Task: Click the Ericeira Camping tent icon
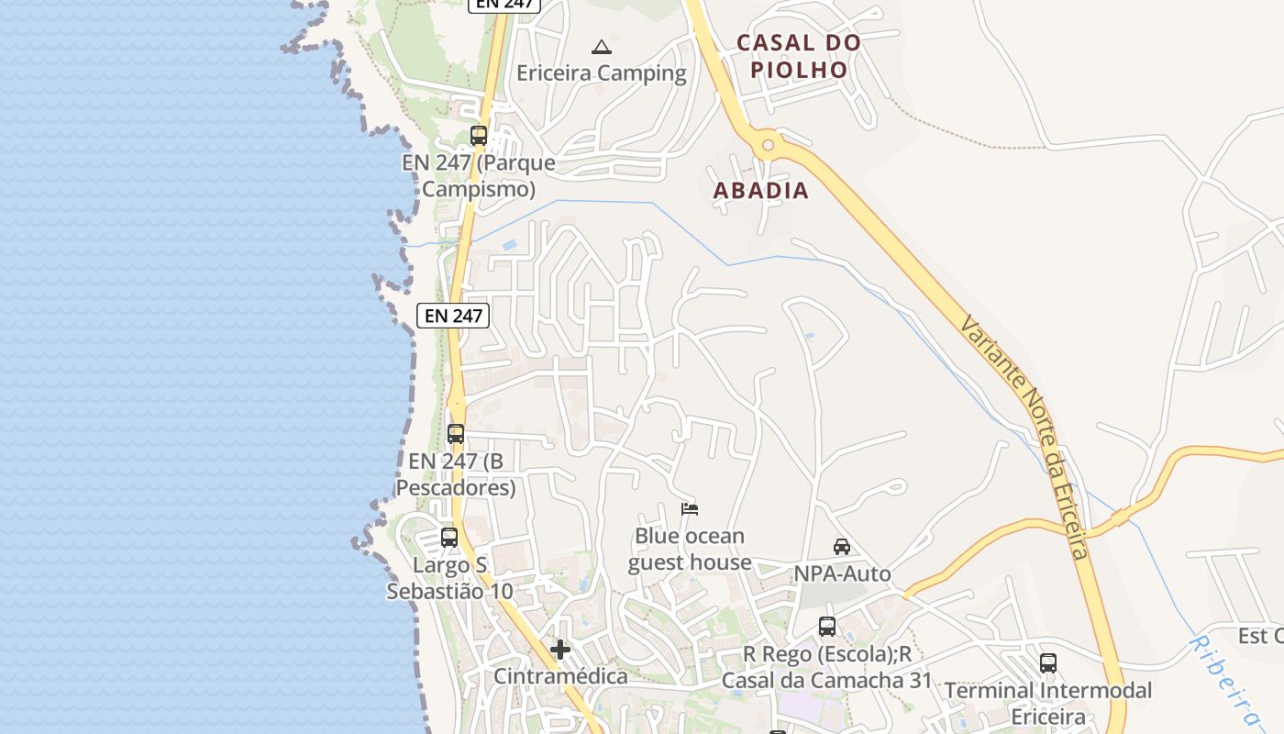click(x=602, y=48)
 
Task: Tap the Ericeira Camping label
click(x=602, y=73)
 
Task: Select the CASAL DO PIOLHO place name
click(x=799, y=56)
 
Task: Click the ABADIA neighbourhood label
click(x=761, y=191)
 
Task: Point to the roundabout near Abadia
click(x=768, y=144)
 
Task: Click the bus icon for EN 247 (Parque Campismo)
click(x=479, y=136)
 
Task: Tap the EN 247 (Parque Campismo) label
click(x=479, y=176)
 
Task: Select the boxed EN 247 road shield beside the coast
click(x=454, y=316)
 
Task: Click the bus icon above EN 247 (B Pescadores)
click(x=456, y=434)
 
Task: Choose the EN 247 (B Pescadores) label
click(x=456, y=474)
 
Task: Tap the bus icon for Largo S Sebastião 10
click(x=449, y=538)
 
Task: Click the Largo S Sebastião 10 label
click(x=449, y=578)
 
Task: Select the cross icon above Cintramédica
click(x=560, y=650)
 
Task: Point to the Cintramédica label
click(x=560, y=677)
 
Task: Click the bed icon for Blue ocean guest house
click(x=690, y=509)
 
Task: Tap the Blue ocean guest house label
click(x=690, y=549)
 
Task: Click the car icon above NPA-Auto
click(x=841, y=547)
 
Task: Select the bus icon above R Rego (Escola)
click(x=827, y=627)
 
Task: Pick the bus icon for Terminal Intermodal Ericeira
click(x=1048, y=663)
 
